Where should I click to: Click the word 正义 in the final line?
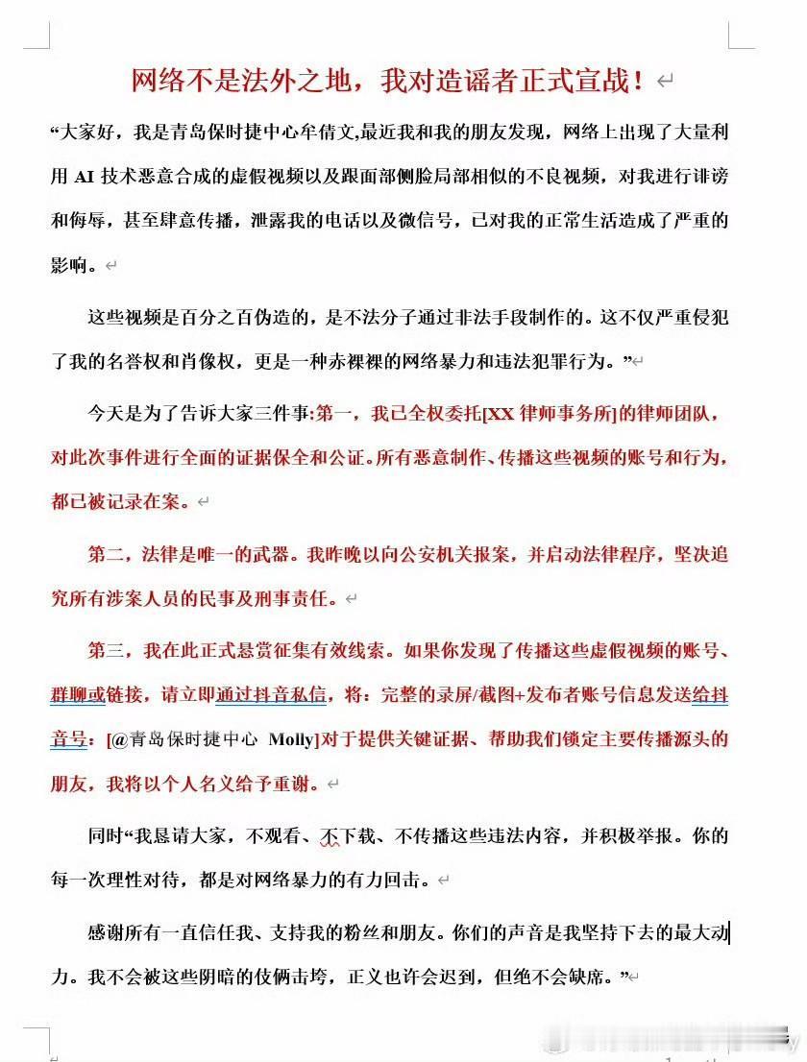(450, 978)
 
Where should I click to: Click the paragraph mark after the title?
(665, 83)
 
